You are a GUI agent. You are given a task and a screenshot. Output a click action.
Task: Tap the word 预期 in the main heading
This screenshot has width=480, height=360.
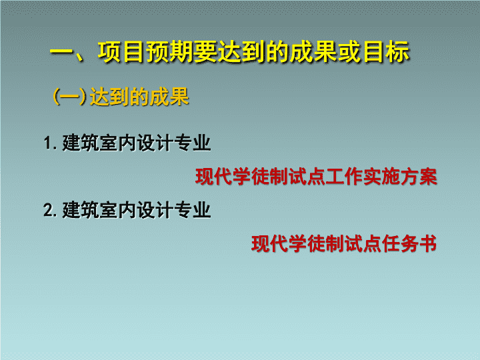(169, 52)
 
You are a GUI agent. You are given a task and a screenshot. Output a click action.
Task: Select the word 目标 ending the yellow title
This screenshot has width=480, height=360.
(387, 52)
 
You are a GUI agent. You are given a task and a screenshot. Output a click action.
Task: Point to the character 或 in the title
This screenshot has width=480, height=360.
(351, 52)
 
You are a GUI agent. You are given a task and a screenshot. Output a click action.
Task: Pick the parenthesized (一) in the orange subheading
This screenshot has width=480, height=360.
(69, 97)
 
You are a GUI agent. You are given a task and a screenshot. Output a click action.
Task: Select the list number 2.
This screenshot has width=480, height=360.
(50, 210)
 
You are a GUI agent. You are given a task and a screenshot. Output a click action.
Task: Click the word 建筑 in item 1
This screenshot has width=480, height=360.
(81, 143)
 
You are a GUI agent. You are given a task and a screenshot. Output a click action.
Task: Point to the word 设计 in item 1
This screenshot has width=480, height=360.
(155, 143)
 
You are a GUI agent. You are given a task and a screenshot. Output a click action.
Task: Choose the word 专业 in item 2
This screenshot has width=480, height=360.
(193, 210)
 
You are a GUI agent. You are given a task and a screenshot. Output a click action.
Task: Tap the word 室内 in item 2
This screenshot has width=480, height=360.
(118, 210)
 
